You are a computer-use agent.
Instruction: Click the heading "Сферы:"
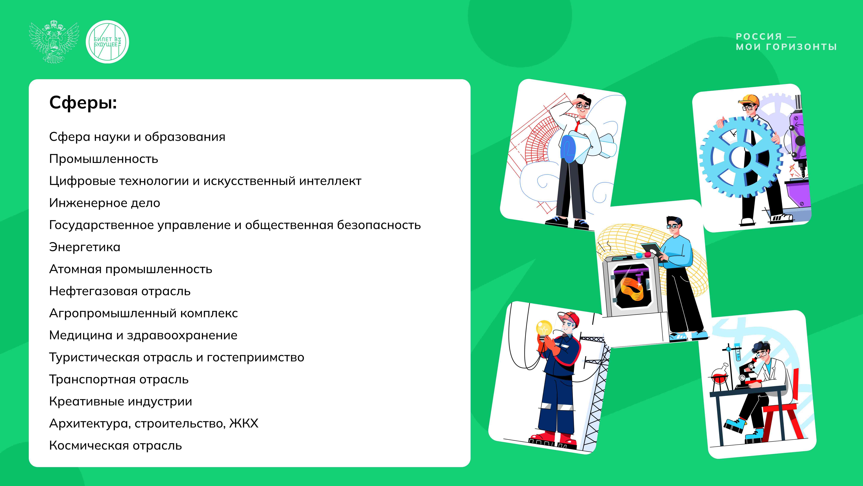pyautogui.click(x=83, y=103)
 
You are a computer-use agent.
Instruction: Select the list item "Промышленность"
pyautogui.click(x=104, y=159)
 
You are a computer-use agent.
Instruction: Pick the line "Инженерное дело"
pyautogui.click(x=105, y=203)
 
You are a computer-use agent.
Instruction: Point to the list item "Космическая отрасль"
pyautogui.click(x=116, y=445)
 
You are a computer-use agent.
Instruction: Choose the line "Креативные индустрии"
pyautogui.click(x=121, y=402)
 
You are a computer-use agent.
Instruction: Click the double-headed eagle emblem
pyautogui.click(x=54, y=42)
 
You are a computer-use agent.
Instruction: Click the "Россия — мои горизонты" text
pyautogui.click(x=786, y=42)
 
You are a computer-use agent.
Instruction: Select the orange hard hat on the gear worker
pyautogui.click(x=749, y=100)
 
